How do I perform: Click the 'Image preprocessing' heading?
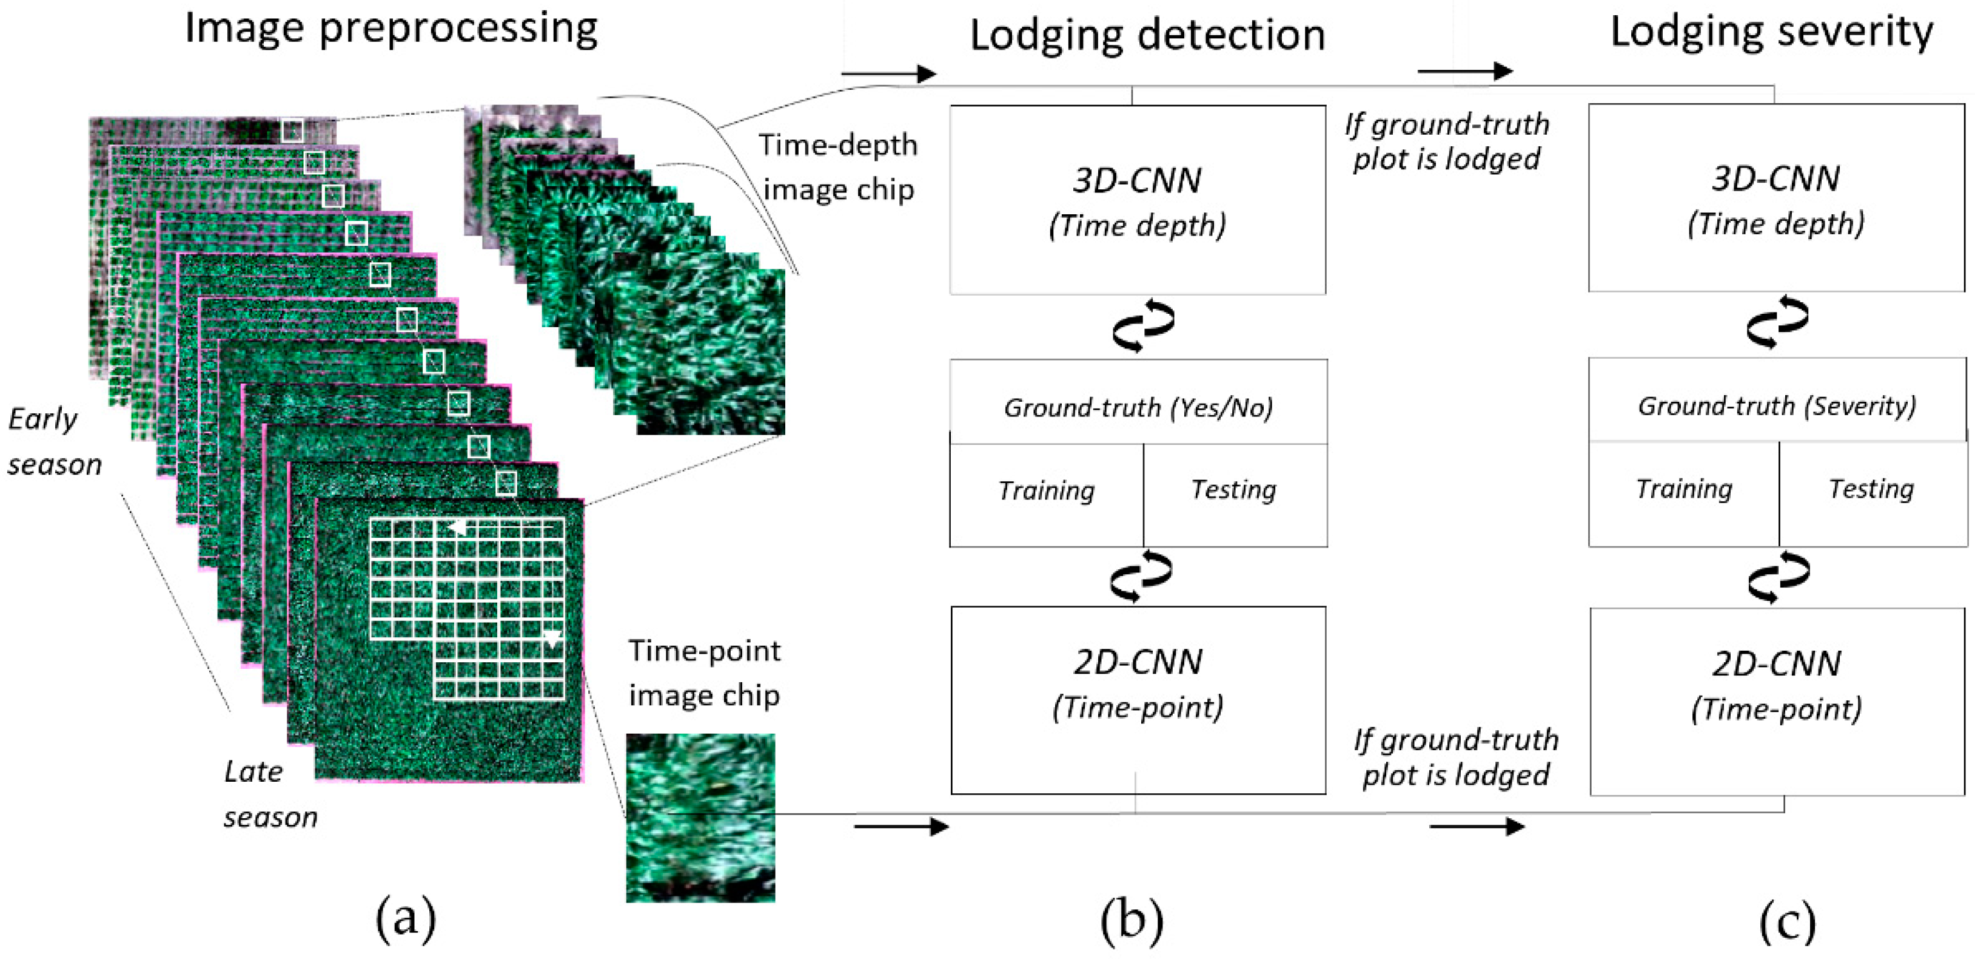tap(391, 29)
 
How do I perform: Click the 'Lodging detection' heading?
tap(1147, 35)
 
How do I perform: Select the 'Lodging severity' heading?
tap(1771, 32)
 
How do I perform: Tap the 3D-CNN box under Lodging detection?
tap(1138, 200)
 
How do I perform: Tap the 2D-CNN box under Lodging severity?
tap(1777, 701)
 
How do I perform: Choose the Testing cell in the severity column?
tap(1871, 489)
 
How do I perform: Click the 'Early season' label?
tap(54, 442)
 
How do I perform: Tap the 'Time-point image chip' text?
tap(704, 673)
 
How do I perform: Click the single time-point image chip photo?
tap(700, 817)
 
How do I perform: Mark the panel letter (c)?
tap(1787, 920)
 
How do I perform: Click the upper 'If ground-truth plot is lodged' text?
tap(1446, 141)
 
